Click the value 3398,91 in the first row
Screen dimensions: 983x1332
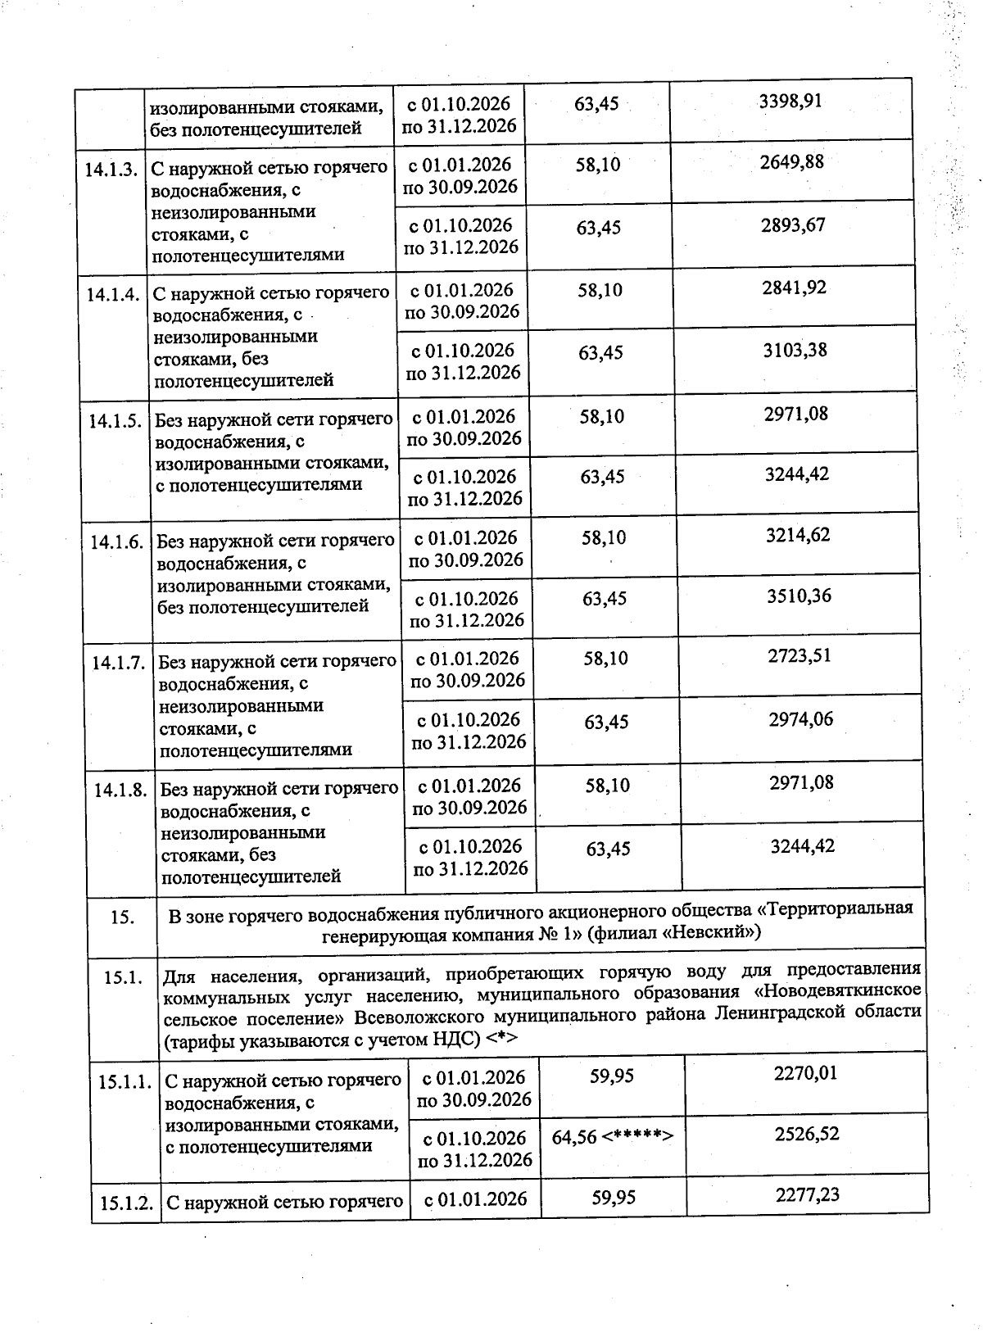click(x=790, y=102)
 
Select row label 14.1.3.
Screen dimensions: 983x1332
click(x=111, y=169)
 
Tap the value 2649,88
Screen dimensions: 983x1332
click(x=791, y=161)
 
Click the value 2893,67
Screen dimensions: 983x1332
click(x=792, y=224)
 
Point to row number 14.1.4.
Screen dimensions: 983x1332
click(x=112, y=295)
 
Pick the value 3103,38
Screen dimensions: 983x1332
click(x=794, y=351)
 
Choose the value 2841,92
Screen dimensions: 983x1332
click(x=793, y=288)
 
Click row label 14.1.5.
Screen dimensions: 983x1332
click(x=115, y=422)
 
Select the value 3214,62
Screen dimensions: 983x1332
click(x=797, y=535)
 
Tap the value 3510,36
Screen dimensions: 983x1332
click(x=799, y=596)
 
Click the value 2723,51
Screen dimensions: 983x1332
click(x=800, y=656)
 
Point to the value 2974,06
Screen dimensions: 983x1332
click(x=800, y=719)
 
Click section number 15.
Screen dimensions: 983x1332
click(x=122, y=917)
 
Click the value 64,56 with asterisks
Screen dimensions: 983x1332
click(x=612, y=1137)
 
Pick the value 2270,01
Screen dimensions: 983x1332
click(x=805, y=1073)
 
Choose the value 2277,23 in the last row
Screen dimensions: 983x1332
click(x=807, y=1195)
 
